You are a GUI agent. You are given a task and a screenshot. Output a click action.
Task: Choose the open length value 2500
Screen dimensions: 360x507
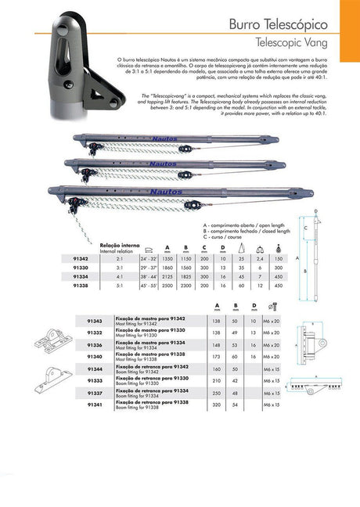[x=167, y=286]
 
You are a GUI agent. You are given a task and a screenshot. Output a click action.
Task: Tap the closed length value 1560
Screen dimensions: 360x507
[x=185, y=266]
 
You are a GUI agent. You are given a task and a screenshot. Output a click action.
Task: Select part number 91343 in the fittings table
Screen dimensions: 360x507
[x=94, y=322]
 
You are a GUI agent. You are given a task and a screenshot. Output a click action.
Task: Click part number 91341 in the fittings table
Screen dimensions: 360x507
[x=94, y=407]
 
